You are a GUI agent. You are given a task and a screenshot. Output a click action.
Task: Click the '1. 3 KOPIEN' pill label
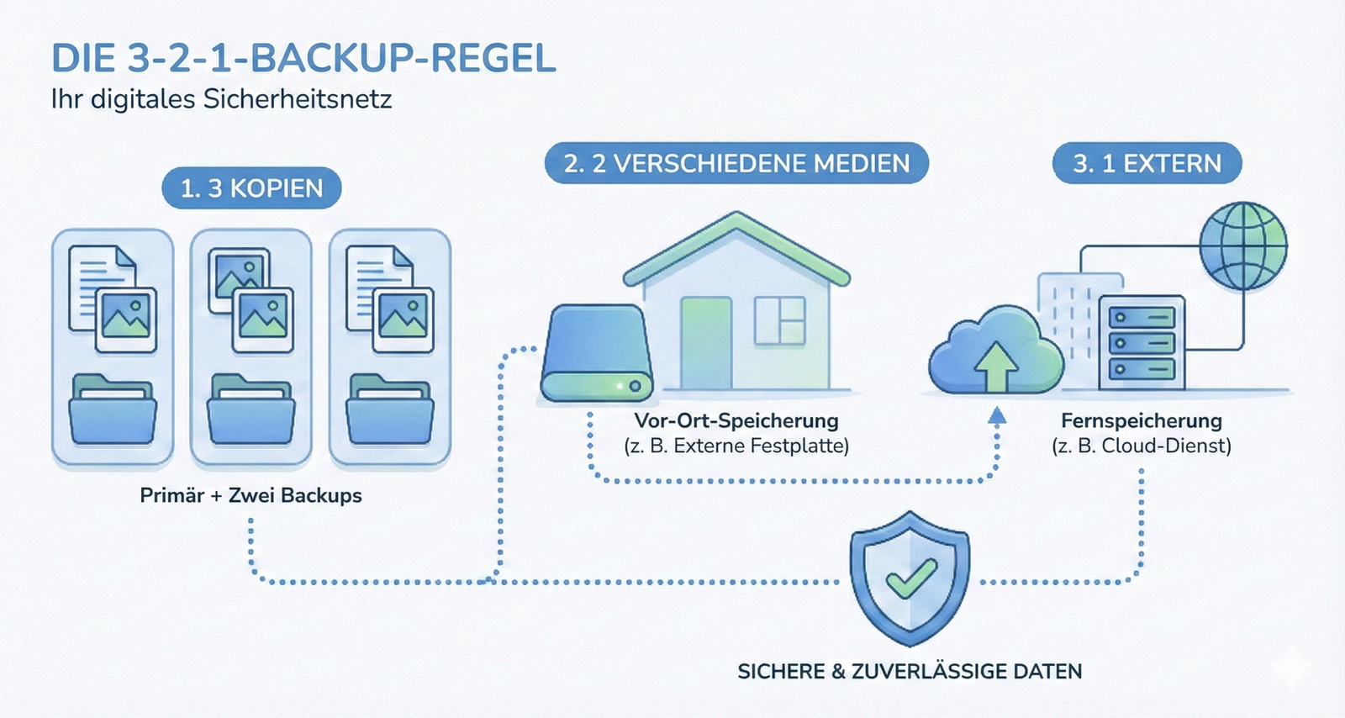coord(251,188)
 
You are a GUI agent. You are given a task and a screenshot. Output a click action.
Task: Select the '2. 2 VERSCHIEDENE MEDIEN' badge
coord(736,163)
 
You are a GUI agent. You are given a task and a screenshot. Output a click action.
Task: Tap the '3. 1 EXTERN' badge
coord(1147,163)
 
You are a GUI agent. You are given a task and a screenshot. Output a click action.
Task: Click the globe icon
coord(1242,245)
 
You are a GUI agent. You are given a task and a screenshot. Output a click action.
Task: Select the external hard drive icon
coord(596,353)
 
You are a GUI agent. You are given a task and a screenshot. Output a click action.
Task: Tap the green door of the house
coord(705,343)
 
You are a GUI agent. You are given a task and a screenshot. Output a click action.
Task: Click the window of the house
coord(779,321)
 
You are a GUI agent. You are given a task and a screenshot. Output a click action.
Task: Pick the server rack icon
coord(1141,344)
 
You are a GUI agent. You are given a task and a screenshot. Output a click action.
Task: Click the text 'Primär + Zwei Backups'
coord(251,495)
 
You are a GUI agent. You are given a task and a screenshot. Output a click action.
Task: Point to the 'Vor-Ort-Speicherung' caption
coord(736,420)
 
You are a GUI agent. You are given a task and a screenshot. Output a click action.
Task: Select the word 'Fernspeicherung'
coord(1141,420)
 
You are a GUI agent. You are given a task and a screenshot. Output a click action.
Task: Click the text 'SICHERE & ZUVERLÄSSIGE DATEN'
coord(910,672)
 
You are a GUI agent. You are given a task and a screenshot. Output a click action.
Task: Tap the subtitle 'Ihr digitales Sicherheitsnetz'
coord(221,99)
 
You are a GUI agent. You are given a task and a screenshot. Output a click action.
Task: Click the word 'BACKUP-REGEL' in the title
coord(403,59)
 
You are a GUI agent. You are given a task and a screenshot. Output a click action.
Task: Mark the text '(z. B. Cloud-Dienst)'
coord(1141,446)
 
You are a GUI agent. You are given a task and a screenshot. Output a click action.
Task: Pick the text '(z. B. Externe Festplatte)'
coord(736,446)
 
